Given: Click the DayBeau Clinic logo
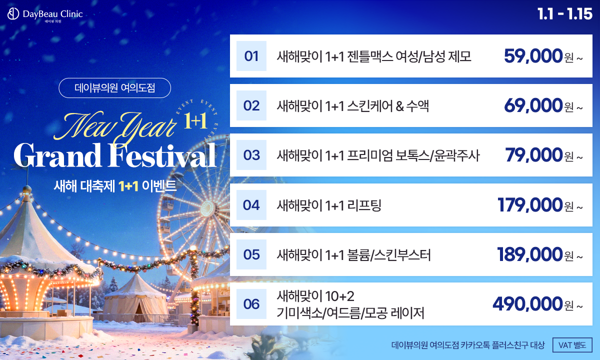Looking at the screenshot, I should point(45,15).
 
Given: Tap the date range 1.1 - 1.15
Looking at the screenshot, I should point(564,13).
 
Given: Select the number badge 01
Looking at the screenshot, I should point(251,56).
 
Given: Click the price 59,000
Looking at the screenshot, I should point(533,56).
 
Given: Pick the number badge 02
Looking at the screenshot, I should point(251,105).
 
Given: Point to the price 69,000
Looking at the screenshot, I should point(533,105).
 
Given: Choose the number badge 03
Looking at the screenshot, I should point(251,155).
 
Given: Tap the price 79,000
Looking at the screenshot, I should point(534,155).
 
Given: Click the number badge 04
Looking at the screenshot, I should point(251,204).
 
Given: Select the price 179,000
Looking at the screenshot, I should point(530,204).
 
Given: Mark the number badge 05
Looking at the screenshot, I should point(251,254).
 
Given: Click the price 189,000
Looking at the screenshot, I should point(530,254).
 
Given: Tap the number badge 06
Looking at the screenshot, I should point(251,304).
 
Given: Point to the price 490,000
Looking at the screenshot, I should point(527,303).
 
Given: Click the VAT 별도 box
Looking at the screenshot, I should point(572,345).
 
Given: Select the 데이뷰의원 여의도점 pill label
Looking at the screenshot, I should point(115,88).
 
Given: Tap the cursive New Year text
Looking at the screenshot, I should point(120,125).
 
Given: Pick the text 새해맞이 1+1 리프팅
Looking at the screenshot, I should point(329,204).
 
